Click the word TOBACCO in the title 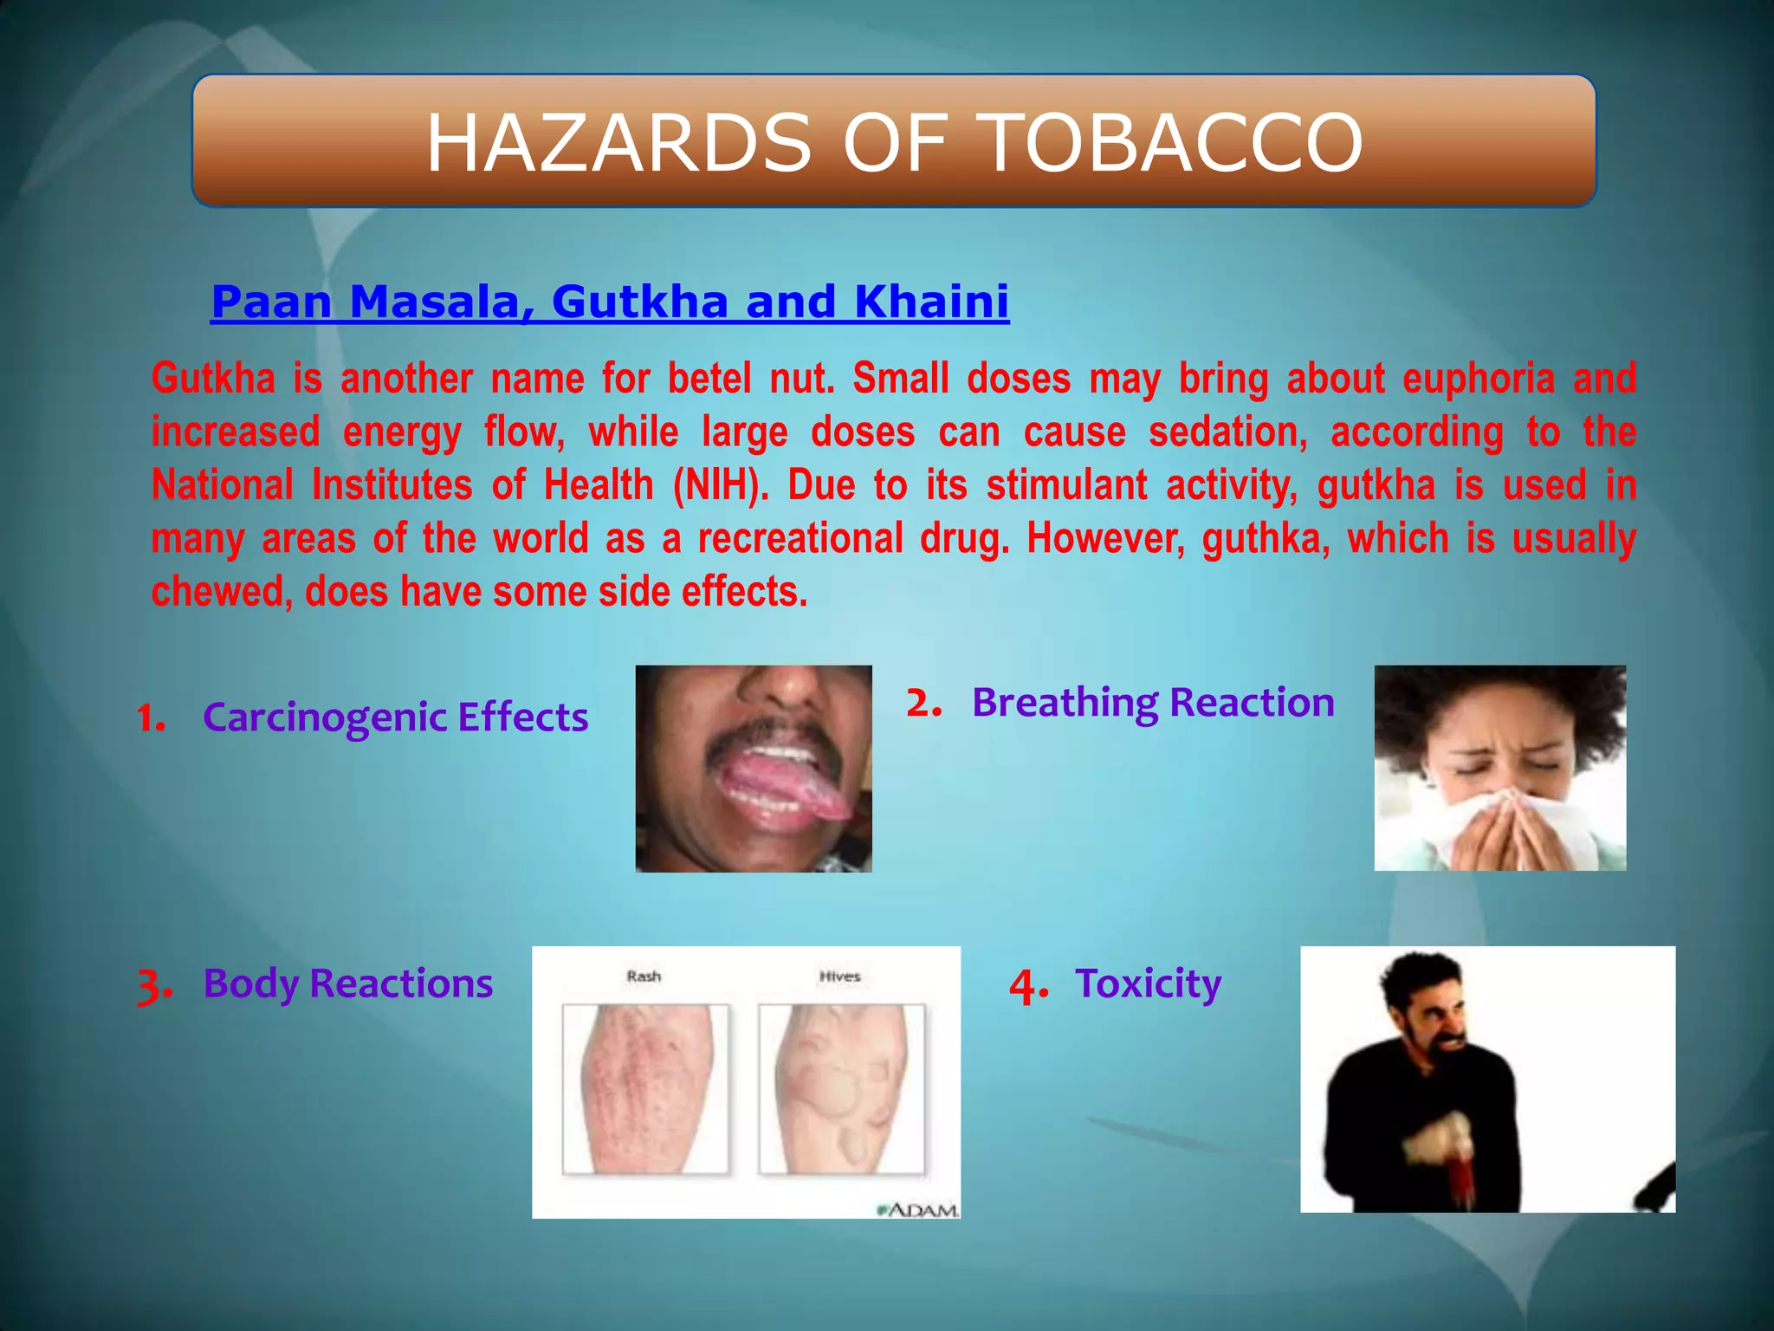tap(1174, 143)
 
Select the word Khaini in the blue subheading tap(931, 302)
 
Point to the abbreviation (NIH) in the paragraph tap(721, 485)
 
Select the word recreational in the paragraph tap(800, 539)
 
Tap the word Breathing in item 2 tap(1064, 702)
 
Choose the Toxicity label tap(1148, 984)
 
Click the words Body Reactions tap(347, 984)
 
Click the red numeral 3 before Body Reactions tap(152, 986)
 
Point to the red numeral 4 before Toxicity tap(1028, 986)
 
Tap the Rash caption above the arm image tap(644, 977)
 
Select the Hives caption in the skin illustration tap(839, 977)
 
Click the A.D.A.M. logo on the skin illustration tap(919, 1210)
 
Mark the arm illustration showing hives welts tap(841, 1089)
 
